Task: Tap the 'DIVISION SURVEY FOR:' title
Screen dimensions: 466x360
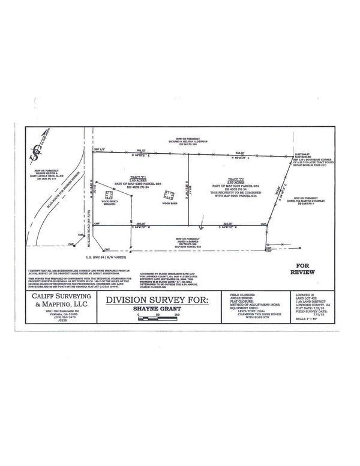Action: click(x=157, y=300)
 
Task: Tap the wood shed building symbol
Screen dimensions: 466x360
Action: click(x=109, y=194)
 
